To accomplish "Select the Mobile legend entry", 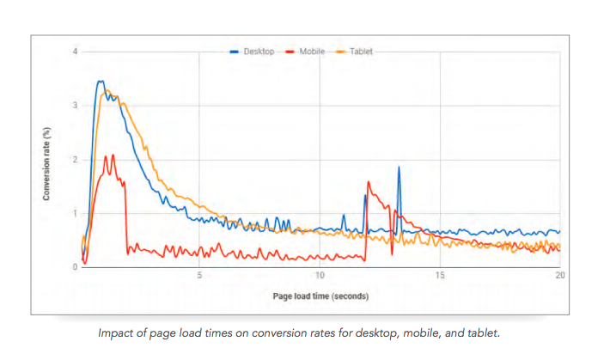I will coord(311,52).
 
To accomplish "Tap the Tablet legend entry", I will coord(360,52).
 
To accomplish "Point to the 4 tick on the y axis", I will coord(75,52).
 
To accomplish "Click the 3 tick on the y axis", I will coord(75,106).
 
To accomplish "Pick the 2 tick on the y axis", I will coord(75,160).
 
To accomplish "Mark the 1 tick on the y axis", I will coord(75,213).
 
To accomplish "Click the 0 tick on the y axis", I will coord(75,267).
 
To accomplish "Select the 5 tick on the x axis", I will coord(199,276).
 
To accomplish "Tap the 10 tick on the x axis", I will coord(320,276).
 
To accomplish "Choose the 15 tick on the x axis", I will coord(440,276).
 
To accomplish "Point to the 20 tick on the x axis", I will coord(559,276).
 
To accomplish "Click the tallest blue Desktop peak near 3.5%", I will coord(100,82).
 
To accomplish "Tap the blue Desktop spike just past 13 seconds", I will coord(399,168).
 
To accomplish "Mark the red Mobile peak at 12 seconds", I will coord(369,182).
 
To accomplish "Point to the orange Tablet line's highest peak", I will coord(107,90).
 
